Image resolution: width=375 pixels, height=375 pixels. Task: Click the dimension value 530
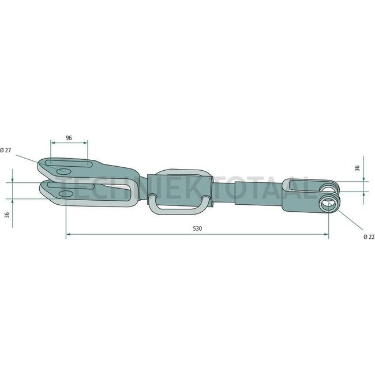tap(197, 228)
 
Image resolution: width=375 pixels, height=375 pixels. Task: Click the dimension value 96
tap(69, 138)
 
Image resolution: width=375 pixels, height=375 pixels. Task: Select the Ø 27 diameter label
tap(5, 150)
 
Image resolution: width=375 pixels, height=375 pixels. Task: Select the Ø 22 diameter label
tap(369, 237)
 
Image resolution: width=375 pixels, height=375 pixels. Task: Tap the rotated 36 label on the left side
tap(7, 214)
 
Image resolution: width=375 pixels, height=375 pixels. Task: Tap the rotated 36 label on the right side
tap(357, 168)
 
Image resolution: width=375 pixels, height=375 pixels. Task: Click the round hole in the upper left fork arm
tap(64, 172)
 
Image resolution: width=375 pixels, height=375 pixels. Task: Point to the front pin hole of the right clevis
tap(328, 204)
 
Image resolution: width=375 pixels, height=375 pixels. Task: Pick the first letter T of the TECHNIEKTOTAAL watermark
tap(65, 186)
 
